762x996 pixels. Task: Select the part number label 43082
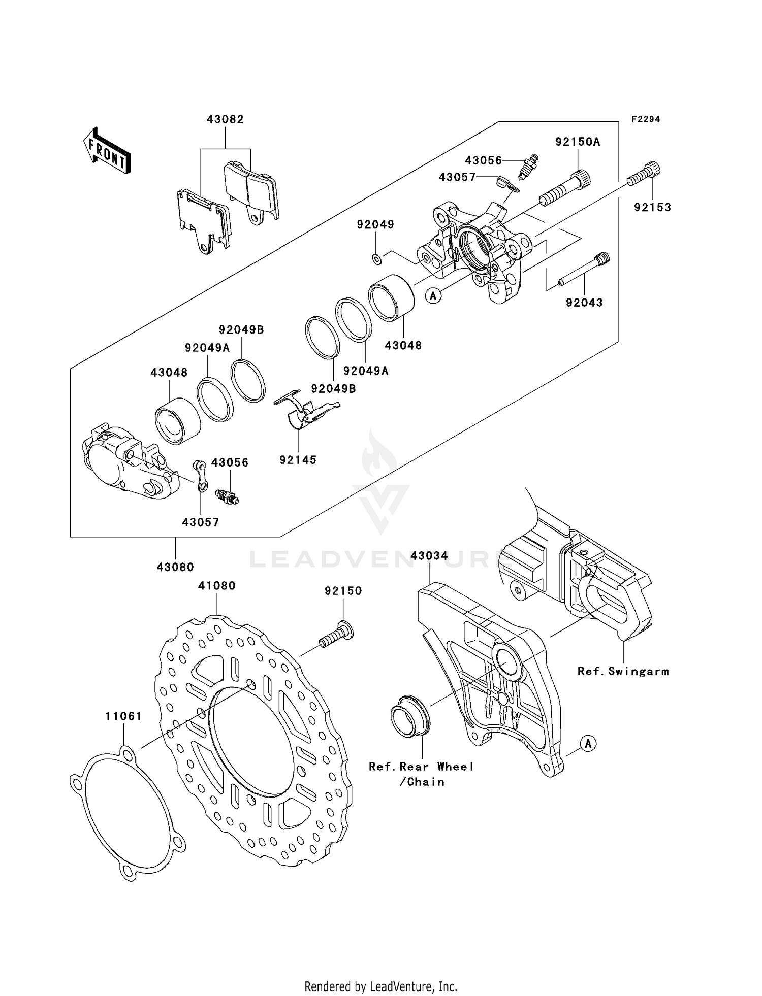[225, 119]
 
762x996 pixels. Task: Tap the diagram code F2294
[646, 119]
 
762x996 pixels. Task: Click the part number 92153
[652, 207]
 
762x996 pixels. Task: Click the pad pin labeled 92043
[584, 270]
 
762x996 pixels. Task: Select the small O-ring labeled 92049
[376, 259]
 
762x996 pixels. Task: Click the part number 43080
[175, 567]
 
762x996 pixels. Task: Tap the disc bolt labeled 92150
[336, 634]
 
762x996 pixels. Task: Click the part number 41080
[217, 585]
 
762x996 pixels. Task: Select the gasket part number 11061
[123, 716]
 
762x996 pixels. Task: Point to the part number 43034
[429, 556]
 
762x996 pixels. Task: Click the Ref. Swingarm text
[623, 671]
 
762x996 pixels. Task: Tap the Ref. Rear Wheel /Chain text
[422, 774]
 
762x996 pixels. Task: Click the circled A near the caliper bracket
[588, 744]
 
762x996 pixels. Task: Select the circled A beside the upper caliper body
[433, 295]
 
